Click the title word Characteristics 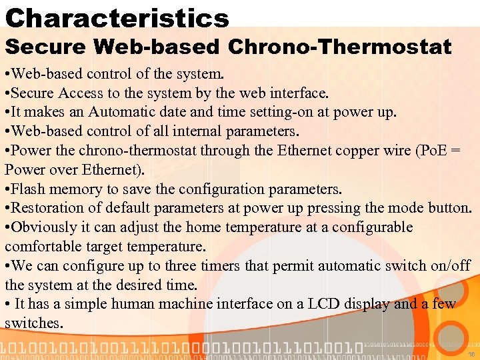pos(117,17)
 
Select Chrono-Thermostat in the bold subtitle pos(339,47)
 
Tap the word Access pos(79,93)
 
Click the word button pos(449,208)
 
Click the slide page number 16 pos(471,355)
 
